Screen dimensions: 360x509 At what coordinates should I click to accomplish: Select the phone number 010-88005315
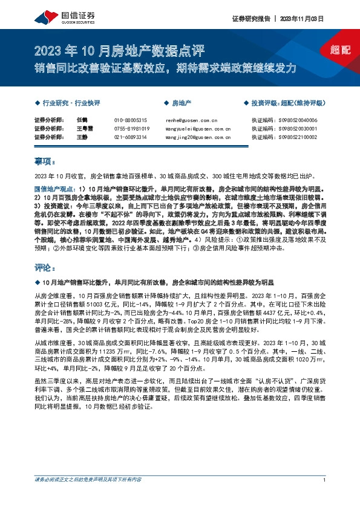(x=131, y=120)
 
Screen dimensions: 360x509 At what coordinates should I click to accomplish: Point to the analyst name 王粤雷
(x=83, y=129)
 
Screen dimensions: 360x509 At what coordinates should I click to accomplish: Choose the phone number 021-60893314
(x=131, y=137)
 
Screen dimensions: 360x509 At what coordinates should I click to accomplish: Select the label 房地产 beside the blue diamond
(x=182, y=103)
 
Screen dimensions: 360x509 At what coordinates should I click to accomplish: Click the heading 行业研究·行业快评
(x=71, y=103)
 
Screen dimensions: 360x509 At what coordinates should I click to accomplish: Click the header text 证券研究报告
(x=249, y=19)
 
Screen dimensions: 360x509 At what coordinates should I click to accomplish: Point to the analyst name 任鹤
(x=81, y=120)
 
